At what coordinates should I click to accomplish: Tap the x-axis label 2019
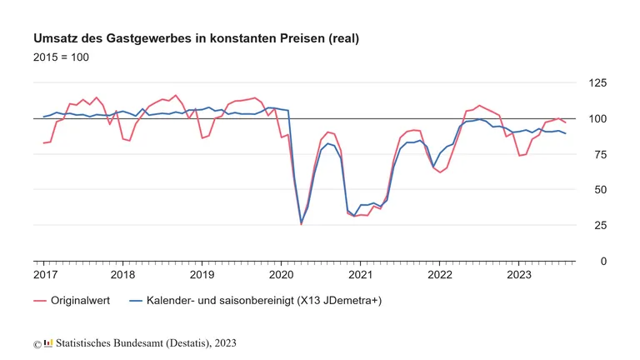202,274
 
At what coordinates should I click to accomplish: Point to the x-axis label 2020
281,274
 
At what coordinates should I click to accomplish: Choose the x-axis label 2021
360,274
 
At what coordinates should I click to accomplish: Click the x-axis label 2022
439,274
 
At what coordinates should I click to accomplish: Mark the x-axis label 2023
518,274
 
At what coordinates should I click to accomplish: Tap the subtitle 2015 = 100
61,57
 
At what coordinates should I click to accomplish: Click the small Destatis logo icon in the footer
47,342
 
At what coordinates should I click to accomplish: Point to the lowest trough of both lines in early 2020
301,223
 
